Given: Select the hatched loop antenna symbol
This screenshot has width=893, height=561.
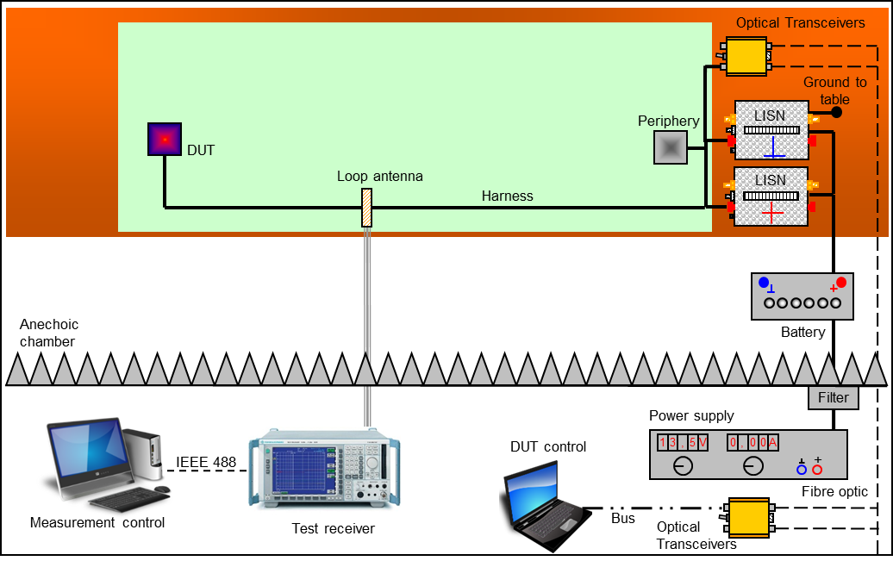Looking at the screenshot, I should pyautogui.click(x=367, y=208).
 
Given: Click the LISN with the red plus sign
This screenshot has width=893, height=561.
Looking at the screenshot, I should pyautogui.click(x=771, y=197).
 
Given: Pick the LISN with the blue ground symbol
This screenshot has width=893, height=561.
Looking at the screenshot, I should pyautogui.click(x=771, y=131).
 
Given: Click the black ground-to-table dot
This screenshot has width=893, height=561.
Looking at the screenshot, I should pyautogui.click(x=835, y=112).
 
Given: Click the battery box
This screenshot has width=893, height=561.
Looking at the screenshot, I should pyautogui.click(x=802, y=295).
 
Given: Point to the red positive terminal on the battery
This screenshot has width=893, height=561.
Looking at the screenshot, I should pyautogui.click(x=840, y=283).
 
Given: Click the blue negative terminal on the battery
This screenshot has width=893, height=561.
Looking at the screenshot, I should pyautogui.click(x=763, y=282).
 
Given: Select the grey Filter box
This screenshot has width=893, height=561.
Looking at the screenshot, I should pyautogui.click(x=834, y=397).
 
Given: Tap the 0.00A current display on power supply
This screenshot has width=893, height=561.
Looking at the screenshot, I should pyautogui.click(x=752, y=443).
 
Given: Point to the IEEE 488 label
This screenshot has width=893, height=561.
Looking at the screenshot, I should pyautogui.click(x=206, y=463).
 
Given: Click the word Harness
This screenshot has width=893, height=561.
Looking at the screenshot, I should pyautogui.click(x=508, y=196).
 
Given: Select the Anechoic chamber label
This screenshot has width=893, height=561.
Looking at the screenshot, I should pyautogui.click(x=49, y=333).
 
